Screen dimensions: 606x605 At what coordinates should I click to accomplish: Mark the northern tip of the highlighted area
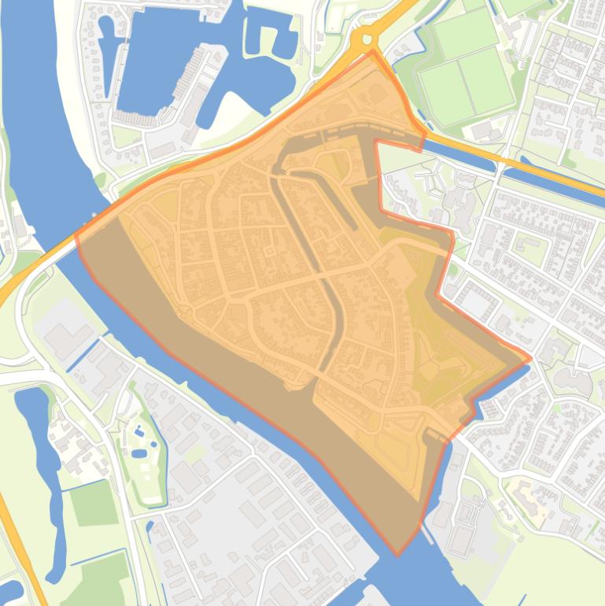[x=373, y=52]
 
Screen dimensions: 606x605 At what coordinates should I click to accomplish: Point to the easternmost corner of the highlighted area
[x=531, y=358]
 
